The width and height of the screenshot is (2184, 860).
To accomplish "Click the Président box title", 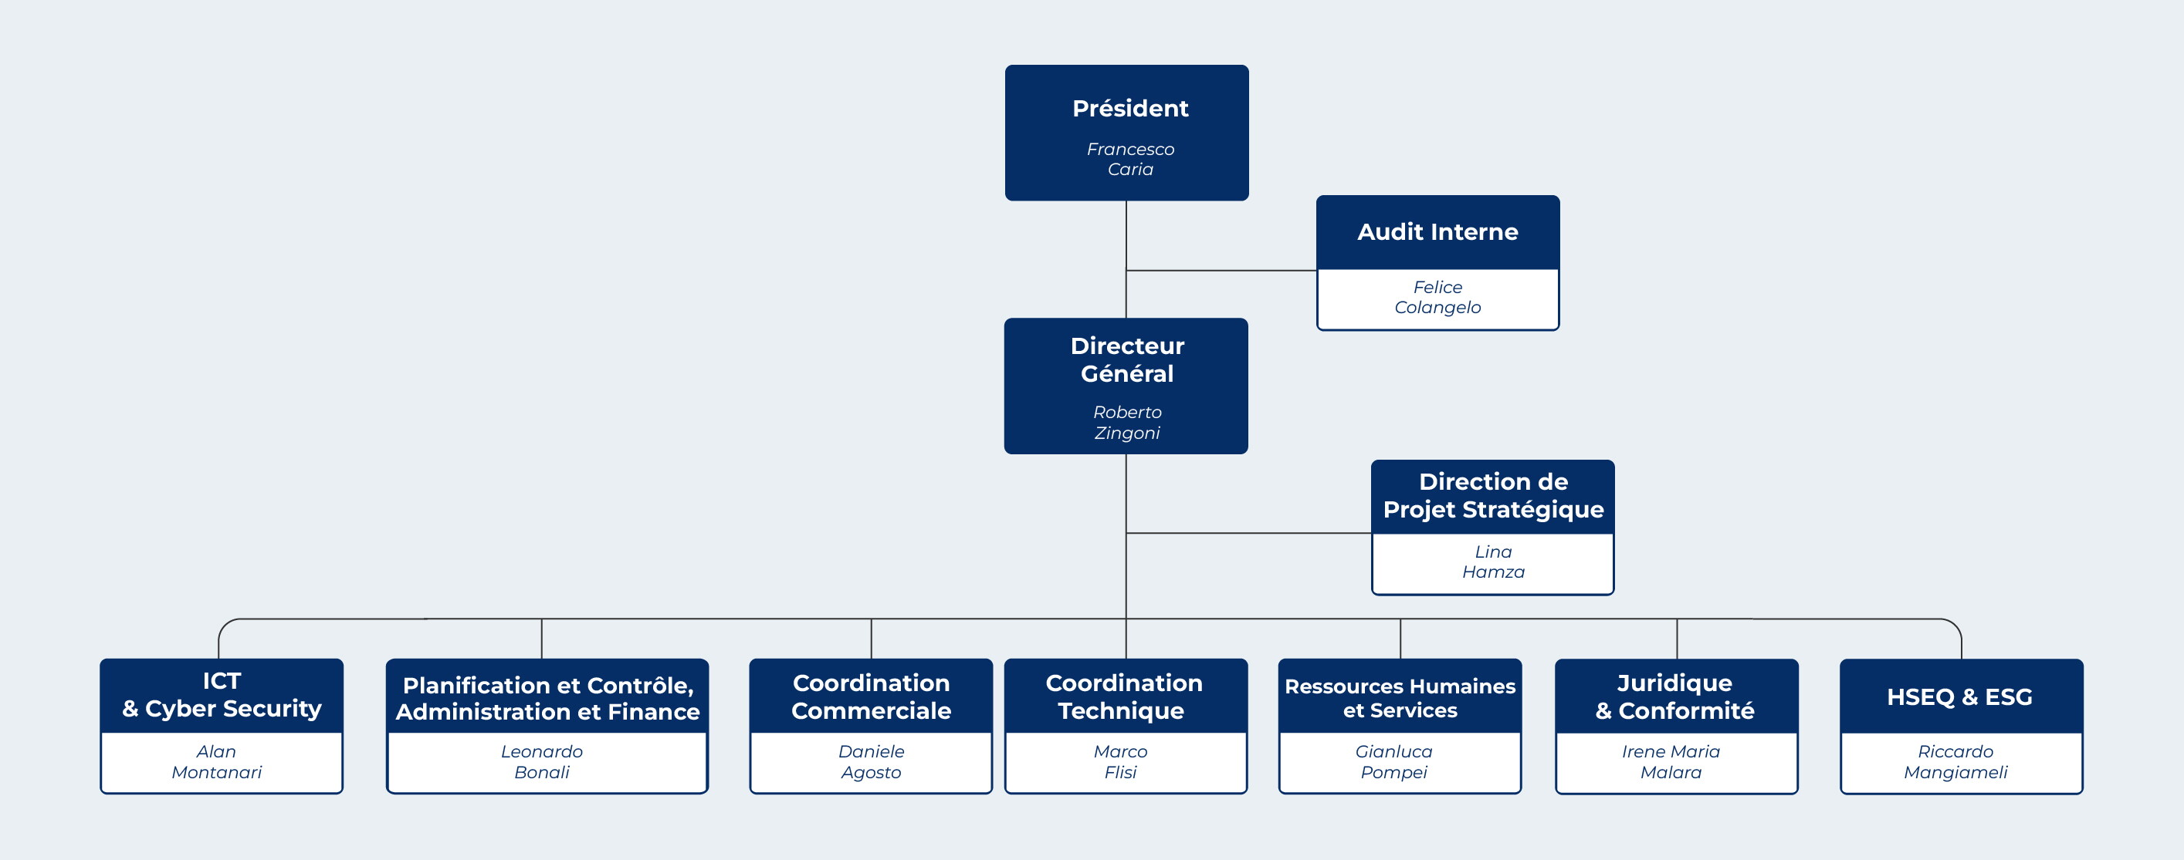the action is pyautogui.click(x=1130, y=109).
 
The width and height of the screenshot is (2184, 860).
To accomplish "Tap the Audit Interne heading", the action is pyautogui.click(x=1438, y=231).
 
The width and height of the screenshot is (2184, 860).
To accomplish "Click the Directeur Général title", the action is pyautogui.click(x=1127, y=359).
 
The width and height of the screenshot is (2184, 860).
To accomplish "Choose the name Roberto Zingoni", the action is pyautogui.click(x=1127, y=422).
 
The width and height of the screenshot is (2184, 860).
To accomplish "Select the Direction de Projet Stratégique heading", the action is pyautogui.click(x=1493, y=496).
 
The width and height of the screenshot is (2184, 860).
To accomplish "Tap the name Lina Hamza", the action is pyautogui.click(x=1493, y=562).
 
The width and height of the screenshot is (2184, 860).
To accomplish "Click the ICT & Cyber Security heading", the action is pyautogui.click(x=222, y=695).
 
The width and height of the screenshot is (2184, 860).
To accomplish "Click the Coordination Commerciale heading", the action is pyautogui.click(x=871, y=696).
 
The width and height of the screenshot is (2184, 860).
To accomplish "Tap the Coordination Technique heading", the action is pyautogui.click(x=1123, y=696).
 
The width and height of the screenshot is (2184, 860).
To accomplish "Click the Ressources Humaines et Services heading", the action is pyautogui.click(x=1400, y=698).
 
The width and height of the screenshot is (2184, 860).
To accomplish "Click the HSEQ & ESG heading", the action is pyautogui.click(x=1959, y=696).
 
